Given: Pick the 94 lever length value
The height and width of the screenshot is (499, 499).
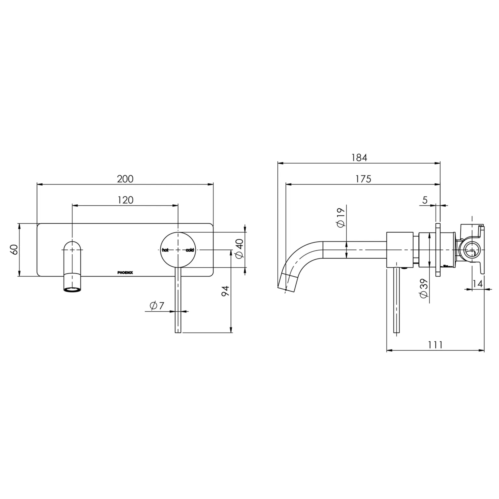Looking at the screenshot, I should coord(225,291).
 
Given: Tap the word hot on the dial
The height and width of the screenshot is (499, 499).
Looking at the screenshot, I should coord(165,250).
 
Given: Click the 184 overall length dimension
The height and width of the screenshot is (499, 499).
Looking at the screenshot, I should coord(359,158).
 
